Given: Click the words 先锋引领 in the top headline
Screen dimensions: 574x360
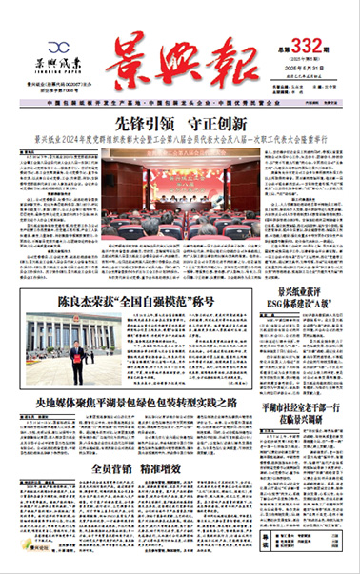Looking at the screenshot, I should pyautogui.click(x=138, y=123).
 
